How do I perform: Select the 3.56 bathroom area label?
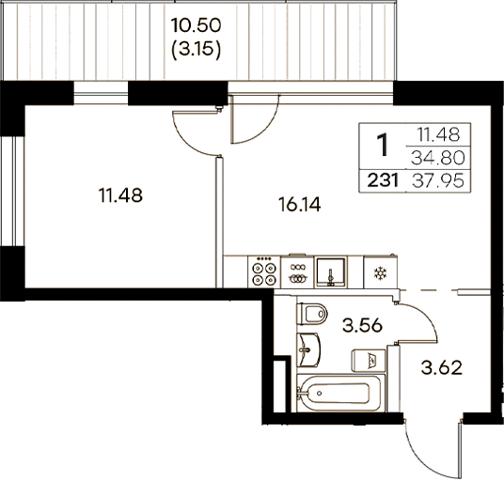coord(361,326)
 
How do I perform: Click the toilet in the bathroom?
coord(313,314)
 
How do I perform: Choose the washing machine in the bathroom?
coord(370,360)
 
